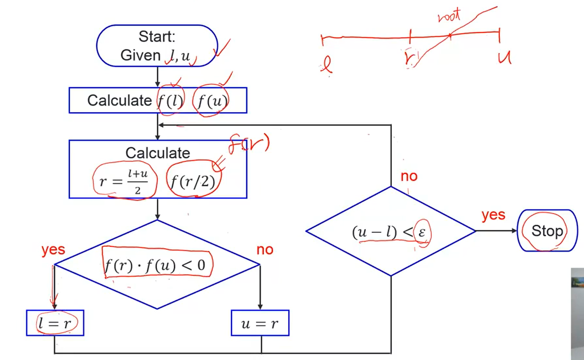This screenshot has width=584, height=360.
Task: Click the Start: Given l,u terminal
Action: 157,46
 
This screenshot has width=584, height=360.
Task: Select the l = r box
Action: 55,323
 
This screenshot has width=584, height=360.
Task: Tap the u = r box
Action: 260,323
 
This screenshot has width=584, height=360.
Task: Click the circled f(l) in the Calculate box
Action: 170,100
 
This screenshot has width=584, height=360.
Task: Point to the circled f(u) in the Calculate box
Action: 210,101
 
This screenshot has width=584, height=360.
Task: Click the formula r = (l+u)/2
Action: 124,181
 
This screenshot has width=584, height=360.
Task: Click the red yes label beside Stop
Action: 493,215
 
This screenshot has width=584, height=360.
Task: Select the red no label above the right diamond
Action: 408,176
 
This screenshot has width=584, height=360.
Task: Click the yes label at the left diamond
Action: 53,249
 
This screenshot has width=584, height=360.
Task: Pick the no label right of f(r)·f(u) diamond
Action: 265,249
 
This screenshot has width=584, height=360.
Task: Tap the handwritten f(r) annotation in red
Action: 249,143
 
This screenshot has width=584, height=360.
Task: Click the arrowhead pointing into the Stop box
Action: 514,231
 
